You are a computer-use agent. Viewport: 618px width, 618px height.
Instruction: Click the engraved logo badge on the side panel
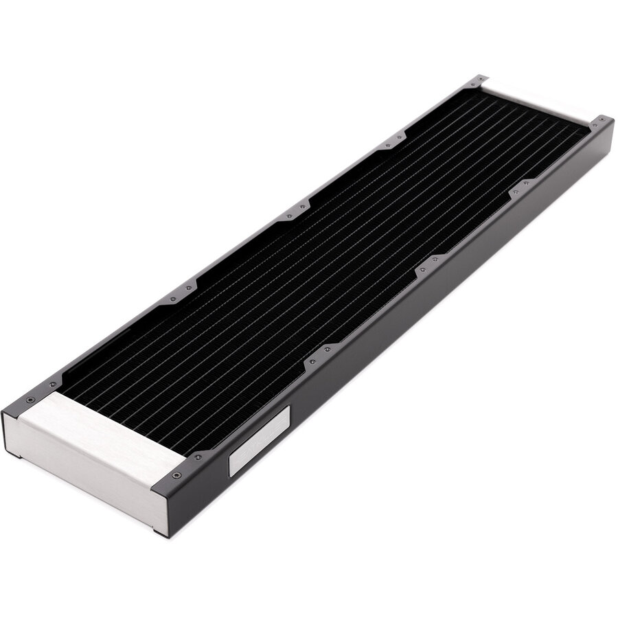(259, 439)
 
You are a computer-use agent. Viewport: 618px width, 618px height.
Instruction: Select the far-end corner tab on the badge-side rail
(600, 122)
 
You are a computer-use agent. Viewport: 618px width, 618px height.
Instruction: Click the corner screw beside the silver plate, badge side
(178, 474)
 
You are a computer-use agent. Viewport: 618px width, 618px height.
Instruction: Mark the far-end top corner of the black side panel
(612, 124)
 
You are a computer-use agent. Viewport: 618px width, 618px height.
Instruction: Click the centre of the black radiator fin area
(323, 261)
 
